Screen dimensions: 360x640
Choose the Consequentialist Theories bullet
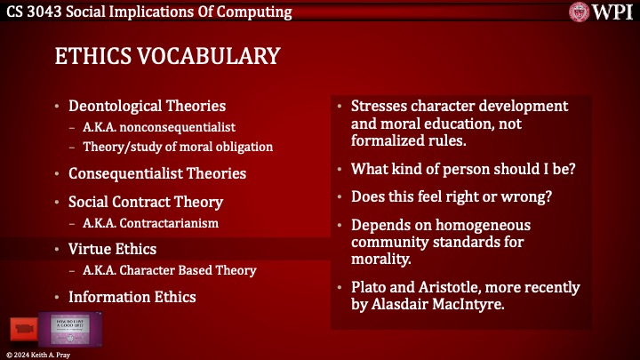[156, 173]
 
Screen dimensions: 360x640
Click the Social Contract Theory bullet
[145, 202]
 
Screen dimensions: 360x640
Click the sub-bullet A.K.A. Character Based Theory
[170, 270]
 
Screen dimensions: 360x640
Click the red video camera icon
[22, 329]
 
